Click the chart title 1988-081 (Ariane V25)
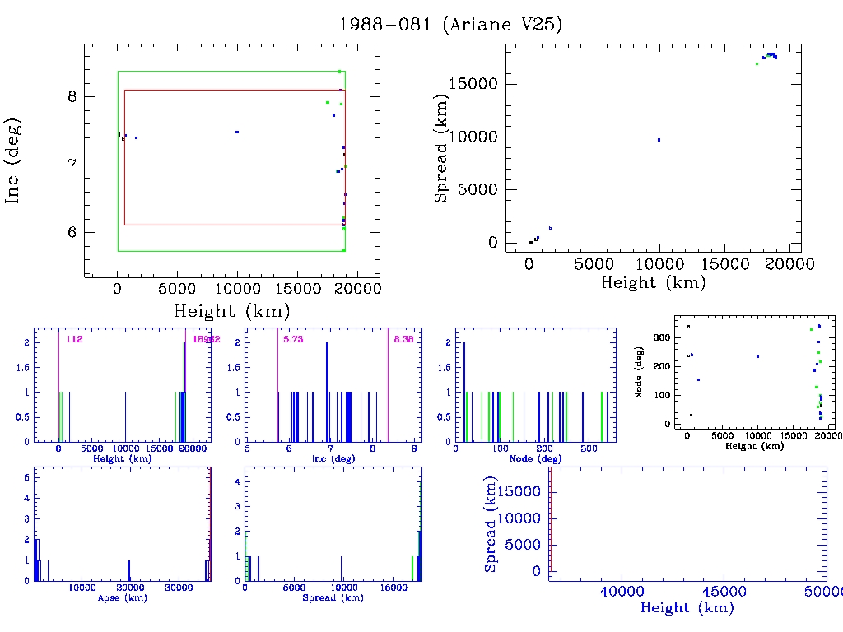coord(451,25)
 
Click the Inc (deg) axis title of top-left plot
coord(14,160)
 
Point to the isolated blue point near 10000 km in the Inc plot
coord(237,132)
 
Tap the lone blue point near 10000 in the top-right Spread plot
coord(659,140)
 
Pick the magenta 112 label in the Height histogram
coord(75,338)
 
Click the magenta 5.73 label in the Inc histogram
coord(293,338)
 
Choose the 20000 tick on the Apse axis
coord(130,588)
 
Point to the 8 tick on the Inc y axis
coord(72,96)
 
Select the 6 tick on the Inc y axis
coord(72,232)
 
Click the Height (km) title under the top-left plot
coord(231,311)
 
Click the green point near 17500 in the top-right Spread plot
coord(757,63)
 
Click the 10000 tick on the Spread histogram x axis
coord(342,588)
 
